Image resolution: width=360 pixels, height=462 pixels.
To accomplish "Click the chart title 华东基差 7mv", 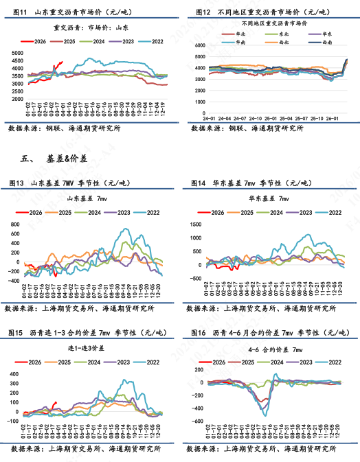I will pyautogui.click(x=269, y=198).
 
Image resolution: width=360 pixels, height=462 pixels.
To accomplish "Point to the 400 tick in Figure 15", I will pyautogui.click(x=16, y=373).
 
